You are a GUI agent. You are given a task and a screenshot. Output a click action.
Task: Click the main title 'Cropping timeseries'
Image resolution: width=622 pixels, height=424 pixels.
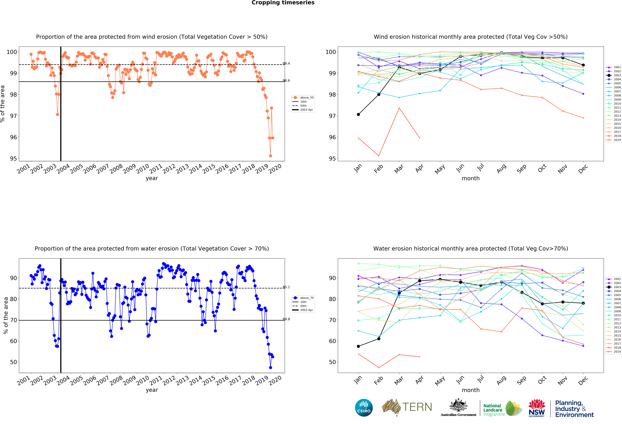(x=283, y=3)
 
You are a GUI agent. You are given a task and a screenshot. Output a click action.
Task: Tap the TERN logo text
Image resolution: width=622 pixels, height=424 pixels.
(x=417, y=407)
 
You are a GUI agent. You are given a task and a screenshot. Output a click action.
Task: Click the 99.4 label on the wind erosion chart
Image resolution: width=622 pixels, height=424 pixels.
(x=286, y=63)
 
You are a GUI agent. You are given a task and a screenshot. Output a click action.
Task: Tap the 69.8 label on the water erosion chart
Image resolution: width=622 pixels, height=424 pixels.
(x=286, y=319)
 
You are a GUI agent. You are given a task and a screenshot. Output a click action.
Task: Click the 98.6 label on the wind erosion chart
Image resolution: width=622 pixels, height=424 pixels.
(x=286, y=81)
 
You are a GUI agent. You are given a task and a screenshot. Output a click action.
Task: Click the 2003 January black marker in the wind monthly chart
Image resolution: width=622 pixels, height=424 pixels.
(x=358, y=115)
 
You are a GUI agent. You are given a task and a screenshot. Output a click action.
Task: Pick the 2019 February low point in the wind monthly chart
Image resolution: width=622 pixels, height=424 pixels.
(x=379, y=156)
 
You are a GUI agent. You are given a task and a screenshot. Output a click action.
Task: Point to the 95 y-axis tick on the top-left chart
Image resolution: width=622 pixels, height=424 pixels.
(x=13, y=158)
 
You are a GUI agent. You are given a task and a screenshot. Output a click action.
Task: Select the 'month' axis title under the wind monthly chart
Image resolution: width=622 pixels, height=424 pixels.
(x=470, y=178)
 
